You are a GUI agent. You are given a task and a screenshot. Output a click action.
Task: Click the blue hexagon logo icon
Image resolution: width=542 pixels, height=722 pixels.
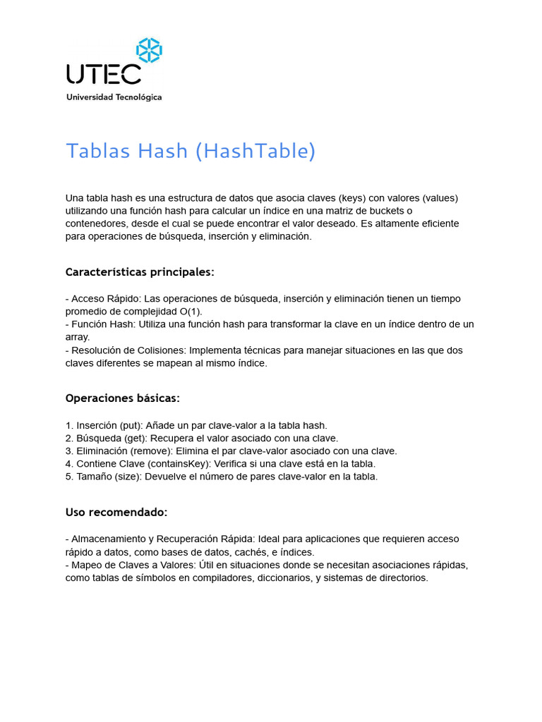(149, 50)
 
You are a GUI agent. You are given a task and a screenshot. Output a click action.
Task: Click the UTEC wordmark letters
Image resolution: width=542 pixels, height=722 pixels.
(103, 74)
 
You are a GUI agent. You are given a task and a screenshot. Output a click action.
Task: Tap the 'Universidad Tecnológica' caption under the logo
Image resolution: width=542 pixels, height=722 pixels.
(114, 97)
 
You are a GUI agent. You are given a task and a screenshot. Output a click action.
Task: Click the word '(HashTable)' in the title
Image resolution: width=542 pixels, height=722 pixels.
(255, 151)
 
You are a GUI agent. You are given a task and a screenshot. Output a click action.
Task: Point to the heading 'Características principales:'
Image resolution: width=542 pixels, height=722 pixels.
(140, 272)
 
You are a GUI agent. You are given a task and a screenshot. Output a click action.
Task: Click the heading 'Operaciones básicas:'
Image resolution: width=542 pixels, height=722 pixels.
(123, 398)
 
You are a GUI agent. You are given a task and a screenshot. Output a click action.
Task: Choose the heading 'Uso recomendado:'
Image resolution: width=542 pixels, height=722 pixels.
(116, 512)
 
